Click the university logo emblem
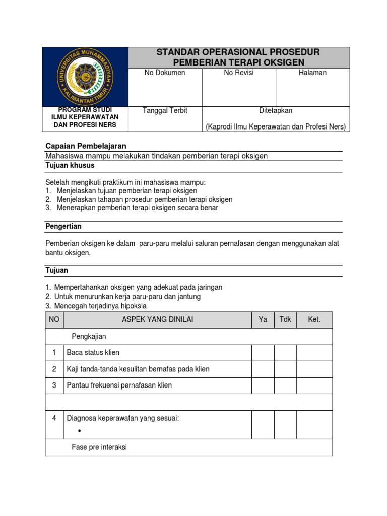tap(85, 77)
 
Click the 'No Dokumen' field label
tap(165, 73)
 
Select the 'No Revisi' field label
tap(239, 73)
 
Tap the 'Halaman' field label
tap(312, 73)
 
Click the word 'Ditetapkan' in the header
tap(276, 110)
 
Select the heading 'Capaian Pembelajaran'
tap(86, 146)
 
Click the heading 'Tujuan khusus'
tap(70, 165)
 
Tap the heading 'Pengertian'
tap(63, 226)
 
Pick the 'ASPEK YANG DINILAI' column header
tap(157, 319)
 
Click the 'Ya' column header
tap(263, 319)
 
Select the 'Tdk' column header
tap(285, 319)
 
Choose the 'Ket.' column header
tap(314, 319)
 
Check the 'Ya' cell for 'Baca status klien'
tap(263, 353)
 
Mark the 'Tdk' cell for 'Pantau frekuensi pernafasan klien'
tap(285, 385)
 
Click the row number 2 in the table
tap(54, 369)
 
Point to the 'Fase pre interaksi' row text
tap(99, 447)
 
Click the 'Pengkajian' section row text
tap(89, 336)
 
